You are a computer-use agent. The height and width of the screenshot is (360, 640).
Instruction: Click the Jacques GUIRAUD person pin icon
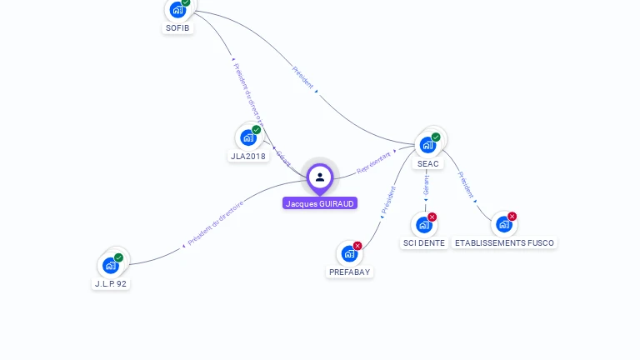point(320,177)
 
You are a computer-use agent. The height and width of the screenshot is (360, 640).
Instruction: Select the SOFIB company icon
point(177,10)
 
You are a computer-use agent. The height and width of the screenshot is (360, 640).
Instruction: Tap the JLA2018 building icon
point(248,137)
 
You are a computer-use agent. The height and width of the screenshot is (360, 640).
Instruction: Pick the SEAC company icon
point(427,144)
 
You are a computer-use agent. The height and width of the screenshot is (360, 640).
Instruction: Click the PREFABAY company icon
point(349,253)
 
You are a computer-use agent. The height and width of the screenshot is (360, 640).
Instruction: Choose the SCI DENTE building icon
point(424,224)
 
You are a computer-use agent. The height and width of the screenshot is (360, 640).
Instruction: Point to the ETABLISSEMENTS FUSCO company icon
point(503,224)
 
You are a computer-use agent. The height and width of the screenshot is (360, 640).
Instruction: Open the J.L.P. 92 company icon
point(111,265)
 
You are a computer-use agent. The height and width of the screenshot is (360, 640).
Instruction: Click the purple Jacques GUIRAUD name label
point(320,203)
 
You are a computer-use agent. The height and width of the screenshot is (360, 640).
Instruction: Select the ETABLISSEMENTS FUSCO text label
point(504,243)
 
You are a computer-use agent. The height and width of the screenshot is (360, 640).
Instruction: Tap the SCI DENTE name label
point(424,243)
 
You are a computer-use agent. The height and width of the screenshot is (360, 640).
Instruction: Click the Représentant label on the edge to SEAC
point(373,162)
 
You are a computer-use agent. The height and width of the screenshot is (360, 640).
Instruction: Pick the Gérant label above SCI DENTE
point(427,185)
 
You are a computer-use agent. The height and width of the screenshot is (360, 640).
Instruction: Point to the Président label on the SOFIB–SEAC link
point(302,77)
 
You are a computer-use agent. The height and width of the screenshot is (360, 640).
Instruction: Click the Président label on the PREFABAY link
point(388,201)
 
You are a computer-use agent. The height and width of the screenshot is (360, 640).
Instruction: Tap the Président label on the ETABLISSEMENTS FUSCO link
point(466,185)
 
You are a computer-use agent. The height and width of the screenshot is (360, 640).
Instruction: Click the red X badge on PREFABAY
point(357,246)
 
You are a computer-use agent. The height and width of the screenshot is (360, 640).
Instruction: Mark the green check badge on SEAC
point(436,137)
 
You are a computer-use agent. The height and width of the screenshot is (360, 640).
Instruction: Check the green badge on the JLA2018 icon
point(257,130)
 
